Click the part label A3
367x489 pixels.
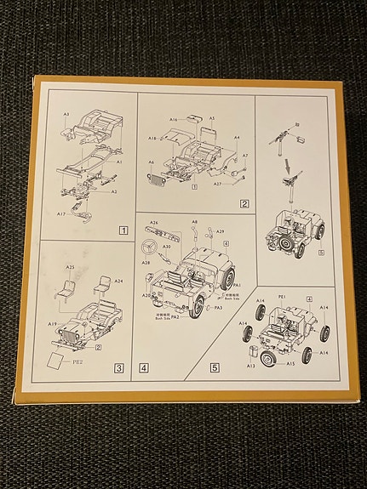(66, 113)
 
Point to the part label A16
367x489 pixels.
(174, 122)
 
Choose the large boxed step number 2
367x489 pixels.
(244, 203)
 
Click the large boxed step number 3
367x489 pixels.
(121, 368)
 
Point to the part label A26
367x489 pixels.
(153, 223)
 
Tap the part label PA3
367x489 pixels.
(218, 308)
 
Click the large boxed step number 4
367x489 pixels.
(144, 368)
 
